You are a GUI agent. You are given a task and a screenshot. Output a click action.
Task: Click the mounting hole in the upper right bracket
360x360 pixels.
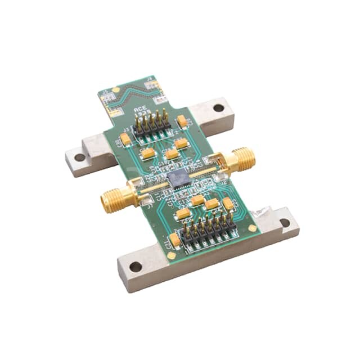[x=218, y=107]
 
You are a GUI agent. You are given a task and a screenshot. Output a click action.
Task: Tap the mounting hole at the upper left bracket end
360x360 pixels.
[x=80, y=157]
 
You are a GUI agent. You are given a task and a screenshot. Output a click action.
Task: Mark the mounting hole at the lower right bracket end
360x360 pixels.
[x=285, y=223]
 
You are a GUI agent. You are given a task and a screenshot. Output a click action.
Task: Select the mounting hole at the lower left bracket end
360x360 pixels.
[x=136, y=267]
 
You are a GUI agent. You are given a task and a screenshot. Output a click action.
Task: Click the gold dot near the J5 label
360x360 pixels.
[x=116, y=89]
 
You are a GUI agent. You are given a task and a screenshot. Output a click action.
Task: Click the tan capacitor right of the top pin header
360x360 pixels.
[x=182, y=120]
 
